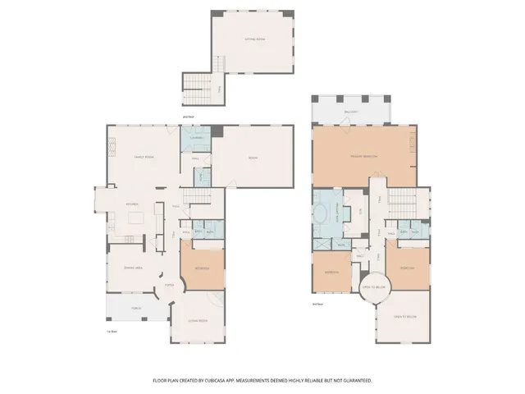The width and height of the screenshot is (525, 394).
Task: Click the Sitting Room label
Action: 254,38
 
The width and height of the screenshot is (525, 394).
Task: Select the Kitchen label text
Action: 131,204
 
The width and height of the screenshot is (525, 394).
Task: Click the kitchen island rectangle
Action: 137,218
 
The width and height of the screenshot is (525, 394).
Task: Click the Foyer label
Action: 169,285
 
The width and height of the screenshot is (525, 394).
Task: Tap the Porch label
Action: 136,309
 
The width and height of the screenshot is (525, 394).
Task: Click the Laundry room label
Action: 197,138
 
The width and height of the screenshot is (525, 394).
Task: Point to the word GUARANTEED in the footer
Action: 355,381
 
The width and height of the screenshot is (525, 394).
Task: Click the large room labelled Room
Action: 253,158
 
